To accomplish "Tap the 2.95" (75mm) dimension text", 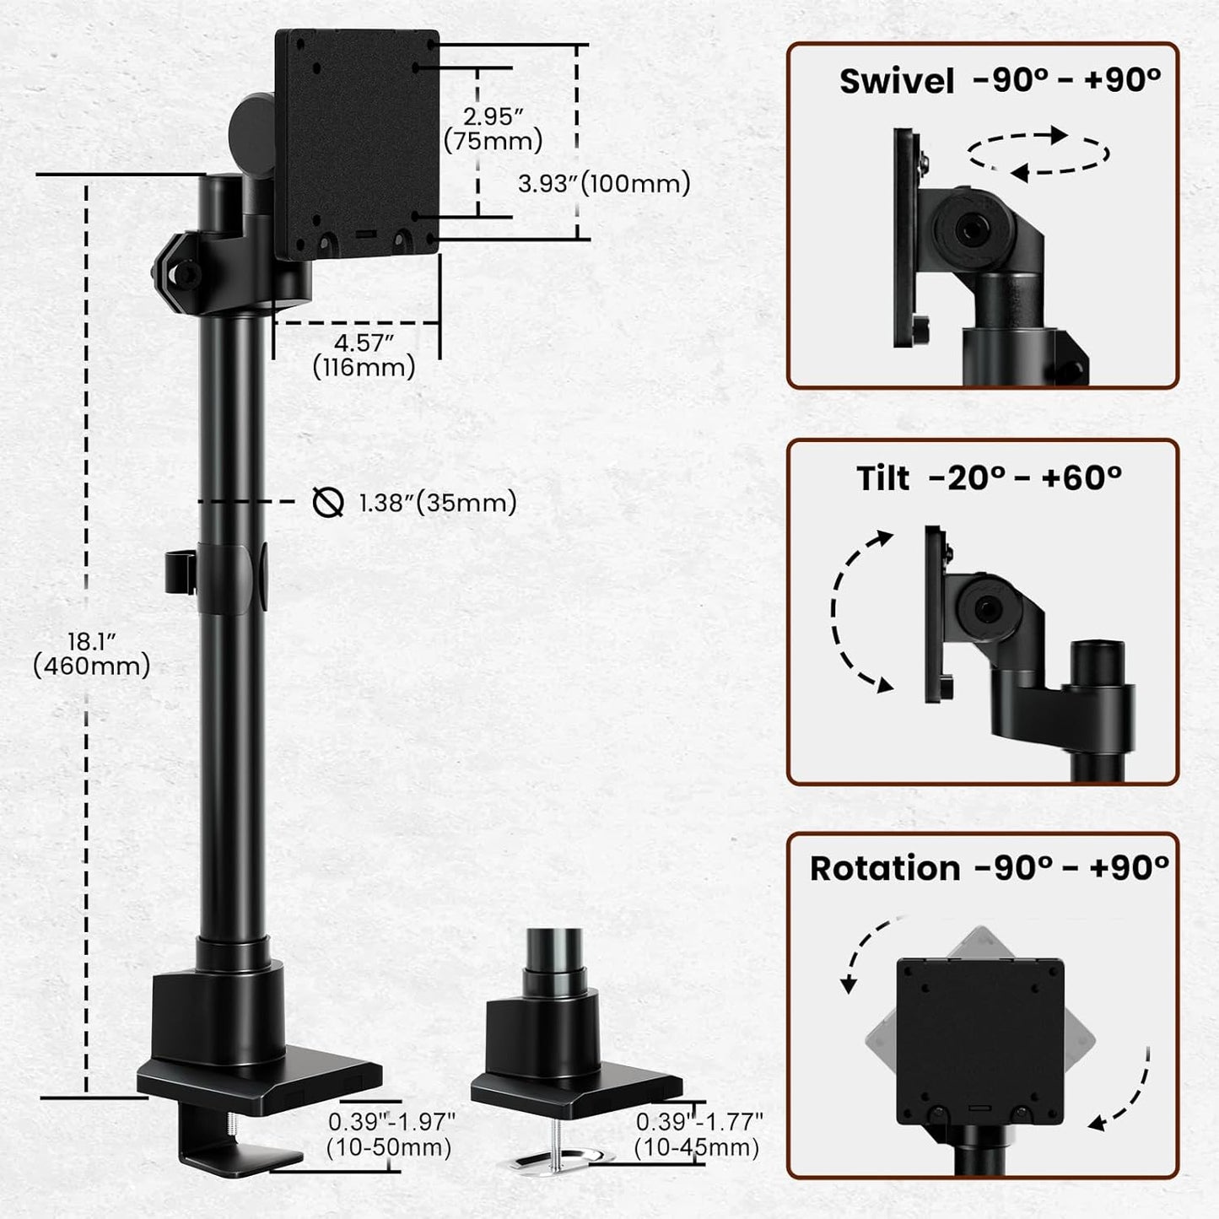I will [x=494, y=128].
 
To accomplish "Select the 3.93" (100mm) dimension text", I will [x=604, y=183].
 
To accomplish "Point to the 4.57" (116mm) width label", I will [x=364, y=355].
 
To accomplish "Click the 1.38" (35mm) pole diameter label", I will [x=437, y=503].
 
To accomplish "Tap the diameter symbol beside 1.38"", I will [x=327, y=503].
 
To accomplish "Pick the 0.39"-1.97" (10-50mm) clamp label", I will [x=391, y=1135].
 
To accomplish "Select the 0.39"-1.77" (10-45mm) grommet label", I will [x=698, y=1135].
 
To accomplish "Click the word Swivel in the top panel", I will [x=897, y=82].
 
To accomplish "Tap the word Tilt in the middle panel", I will [x=883, y=478].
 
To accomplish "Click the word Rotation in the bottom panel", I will [x=885, y=868].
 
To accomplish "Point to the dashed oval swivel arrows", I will [x=1038, y=154].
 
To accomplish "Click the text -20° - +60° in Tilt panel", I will [x=1025, y=478].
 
